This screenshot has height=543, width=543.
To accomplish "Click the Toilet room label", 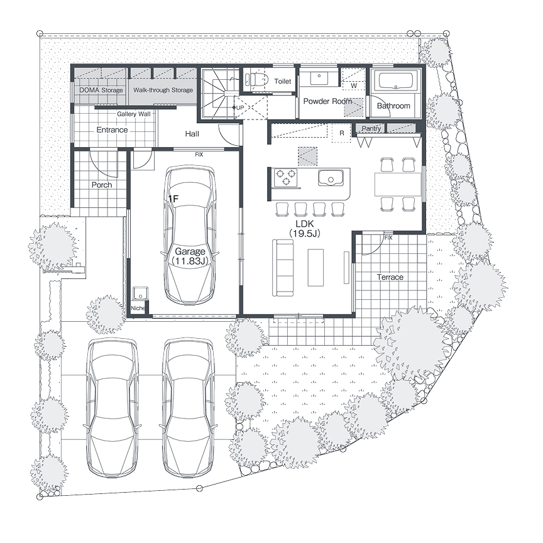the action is pos(283,81).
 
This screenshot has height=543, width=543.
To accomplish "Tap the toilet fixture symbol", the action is pos(256,80).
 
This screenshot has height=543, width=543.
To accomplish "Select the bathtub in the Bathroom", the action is pos(395,81).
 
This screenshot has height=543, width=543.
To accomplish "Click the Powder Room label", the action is pos(327,101).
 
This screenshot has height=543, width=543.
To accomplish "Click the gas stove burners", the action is pos(285,177).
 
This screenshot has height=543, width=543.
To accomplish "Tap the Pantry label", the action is pos(371,128).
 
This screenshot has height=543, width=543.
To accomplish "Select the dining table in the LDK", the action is pos(398,184).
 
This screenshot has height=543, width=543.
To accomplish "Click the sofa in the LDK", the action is pos(283,268).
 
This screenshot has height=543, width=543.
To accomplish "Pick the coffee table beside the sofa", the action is pos(315,267).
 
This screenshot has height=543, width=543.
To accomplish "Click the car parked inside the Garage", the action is pos(189,235).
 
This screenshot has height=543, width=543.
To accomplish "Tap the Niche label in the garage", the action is pos(138,308).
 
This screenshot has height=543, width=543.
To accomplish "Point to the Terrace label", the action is pos(390,277).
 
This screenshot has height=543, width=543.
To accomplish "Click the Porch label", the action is pos(102,185).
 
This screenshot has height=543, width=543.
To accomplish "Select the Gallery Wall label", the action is pos(134,114).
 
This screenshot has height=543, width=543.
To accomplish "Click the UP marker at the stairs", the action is pos(240,107).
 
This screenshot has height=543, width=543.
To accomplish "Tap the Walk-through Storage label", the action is pos(163,90).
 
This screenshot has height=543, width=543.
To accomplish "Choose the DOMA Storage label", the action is pos(101,90).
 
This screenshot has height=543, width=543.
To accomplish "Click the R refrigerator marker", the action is pos(342,133).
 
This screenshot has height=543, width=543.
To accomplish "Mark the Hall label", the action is pos(192,134).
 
